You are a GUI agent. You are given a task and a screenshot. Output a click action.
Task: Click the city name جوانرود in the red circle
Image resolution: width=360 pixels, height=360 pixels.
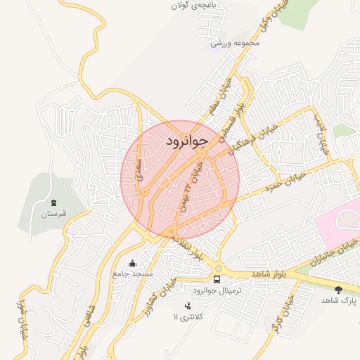188,141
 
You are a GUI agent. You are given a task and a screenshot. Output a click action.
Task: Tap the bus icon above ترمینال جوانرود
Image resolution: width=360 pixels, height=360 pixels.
217,278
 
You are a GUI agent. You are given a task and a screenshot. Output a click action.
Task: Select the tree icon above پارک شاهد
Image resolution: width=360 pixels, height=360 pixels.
339,289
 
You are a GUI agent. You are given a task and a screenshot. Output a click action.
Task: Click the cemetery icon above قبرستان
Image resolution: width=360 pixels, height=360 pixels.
53,201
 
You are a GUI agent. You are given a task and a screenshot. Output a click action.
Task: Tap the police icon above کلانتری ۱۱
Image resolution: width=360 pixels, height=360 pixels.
187,306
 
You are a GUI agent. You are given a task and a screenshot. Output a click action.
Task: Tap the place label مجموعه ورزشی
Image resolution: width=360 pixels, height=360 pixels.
240,44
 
